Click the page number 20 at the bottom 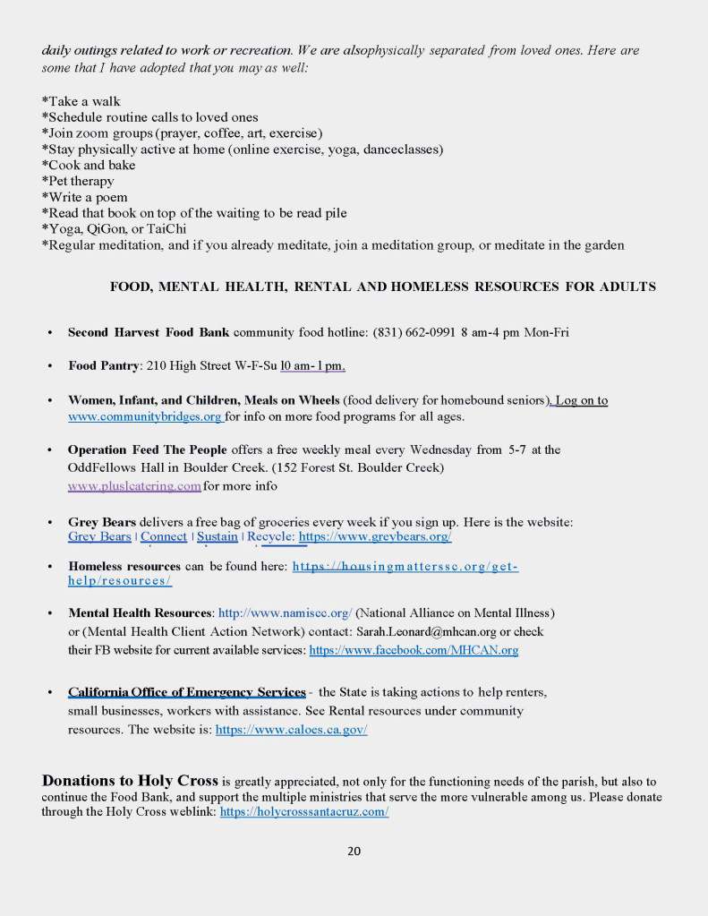click(x=354, y=851)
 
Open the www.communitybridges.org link click(x=145, y=416)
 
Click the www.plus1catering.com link click(x=134, y=486)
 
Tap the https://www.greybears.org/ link click(x=374, y=536)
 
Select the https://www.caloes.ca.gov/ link click(x=291, y=729)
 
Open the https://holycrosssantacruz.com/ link click(x=303, y=811)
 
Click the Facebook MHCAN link click(x=414, y=650)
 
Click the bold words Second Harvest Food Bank click(x=149, y=332)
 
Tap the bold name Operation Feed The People click(x=148, y=449)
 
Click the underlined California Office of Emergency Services click(x=186, y=692)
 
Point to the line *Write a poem click(x=85, y=197)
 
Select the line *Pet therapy click(x=79, y=181)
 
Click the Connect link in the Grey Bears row click(x=164, y=536)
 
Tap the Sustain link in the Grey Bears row click(x=218, y=536)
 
